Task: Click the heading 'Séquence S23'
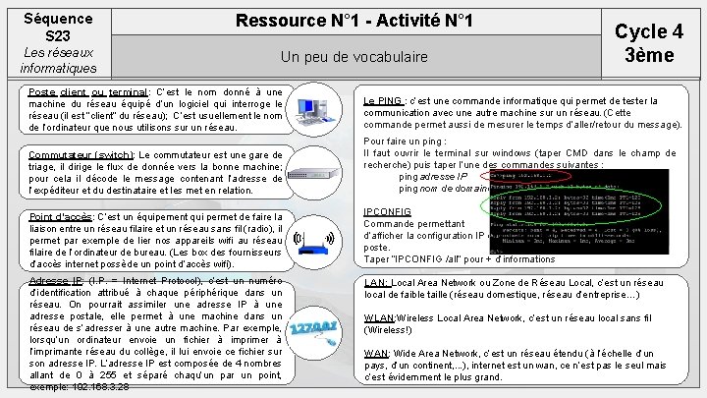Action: tap(57, 27)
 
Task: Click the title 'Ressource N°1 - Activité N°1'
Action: tap(354, 21)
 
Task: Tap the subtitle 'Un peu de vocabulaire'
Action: tap(354, 58)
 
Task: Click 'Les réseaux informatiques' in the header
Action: tap(57, 59)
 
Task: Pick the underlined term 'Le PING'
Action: tap(383, 100)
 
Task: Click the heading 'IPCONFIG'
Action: tap(387, 211)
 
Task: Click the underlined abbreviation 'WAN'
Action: tap(376, 353)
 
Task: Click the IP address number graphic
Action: tap(318, 317)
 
